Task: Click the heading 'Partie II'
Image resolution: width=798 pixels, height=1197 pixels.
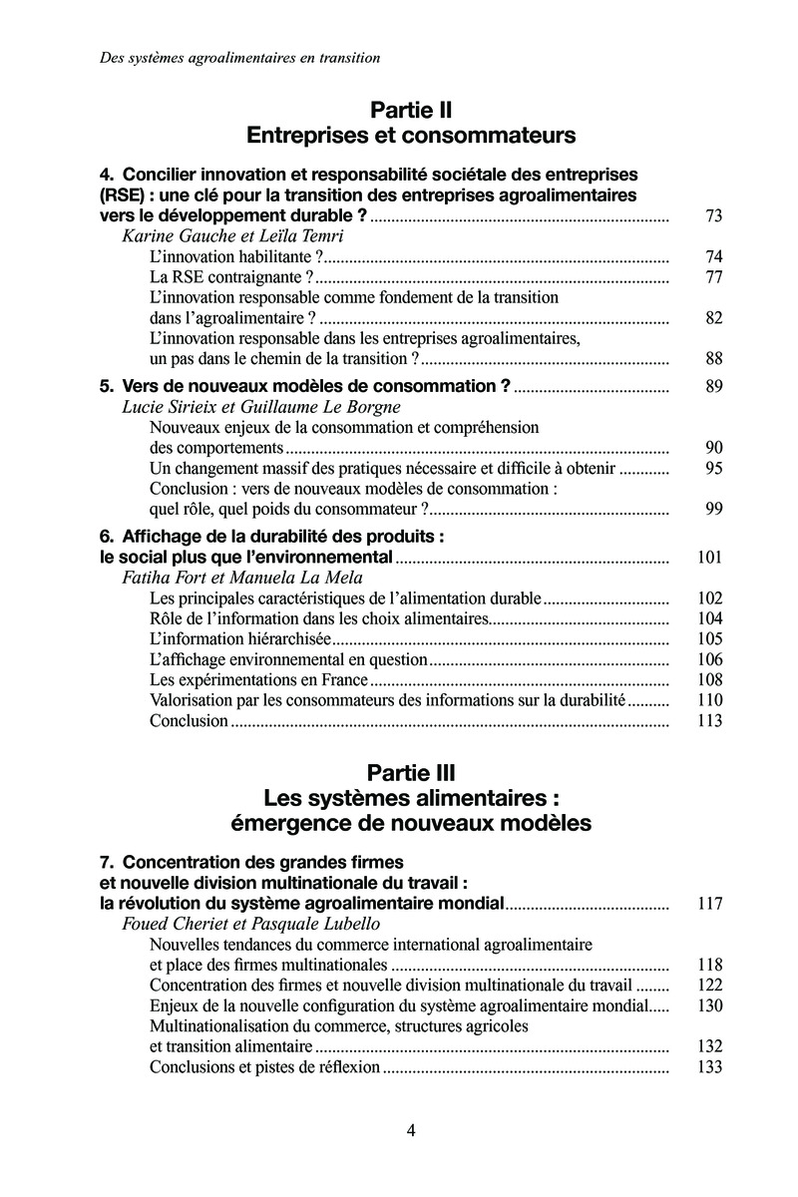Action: (x=411, y=108)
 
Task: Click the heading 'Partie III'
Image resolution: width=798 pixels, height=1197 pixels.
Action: (x=411, y=771)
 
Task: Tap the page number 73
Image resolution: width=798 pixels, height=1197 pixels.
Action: (x=712, y=215)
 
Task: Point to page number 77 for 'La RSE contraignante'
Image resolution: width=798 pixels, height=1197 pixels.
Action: (x=712, y=277)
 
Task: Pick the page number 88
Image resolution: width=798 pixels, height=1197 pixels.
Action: (x=712, y=359)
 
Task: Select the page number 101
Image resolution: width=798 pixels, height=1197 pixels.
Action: (x=709, y=557)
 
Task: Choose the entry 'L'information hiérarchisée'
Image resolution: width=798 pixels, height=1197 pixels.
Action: (x=225, y=638)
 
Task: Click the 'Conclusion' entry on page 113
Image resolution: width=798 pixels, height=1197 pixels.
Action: (x=189, y=720)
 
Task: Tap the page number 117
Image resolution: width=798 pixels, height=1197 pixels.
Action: (x=709, y=905)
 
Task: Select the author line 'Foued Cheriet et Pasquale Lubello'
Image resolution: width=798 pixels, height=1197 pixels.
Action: (x=235, y=925)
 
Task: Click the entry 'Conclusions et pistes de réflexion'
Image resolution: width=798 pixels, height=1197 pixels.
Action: (x=264, y=1066)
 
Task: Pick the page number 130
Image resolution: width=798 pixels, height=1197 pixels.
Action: (x=709, y=1005)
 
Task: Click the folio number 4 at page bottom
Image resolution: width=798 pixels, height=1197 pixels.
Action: (x=411, y=1130)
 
